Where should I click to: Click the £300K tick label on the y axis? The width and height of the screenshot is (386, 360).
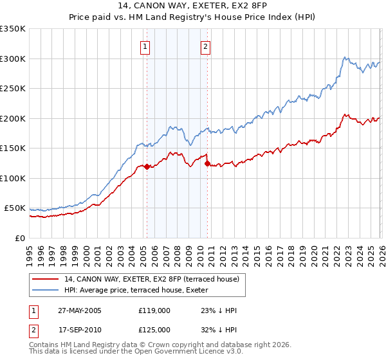coord(13,59)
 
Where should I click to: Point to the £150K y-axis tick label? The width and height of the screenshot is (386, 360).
coord(13,148)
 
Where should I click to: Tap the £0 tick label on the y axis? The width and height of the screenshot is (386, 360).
coord(19,238)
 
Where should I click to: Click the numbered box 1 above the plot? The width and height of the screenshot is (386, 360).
coord(145,47)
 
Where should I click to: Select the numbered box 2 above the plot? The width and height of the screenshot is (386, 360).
coord(205,47)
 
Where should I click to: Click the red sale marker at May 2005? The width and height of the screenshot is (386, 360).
coord(147,166)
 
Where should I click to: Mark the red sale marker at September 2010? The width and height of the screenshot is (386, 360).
coord(207,163)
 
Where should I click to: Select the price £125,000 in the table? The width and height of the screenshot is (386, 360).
coord(154,330)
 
